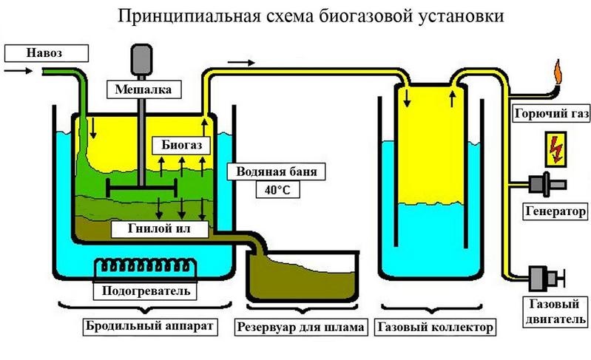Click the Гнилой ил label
157,228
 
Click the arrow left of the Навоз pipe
17,71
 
